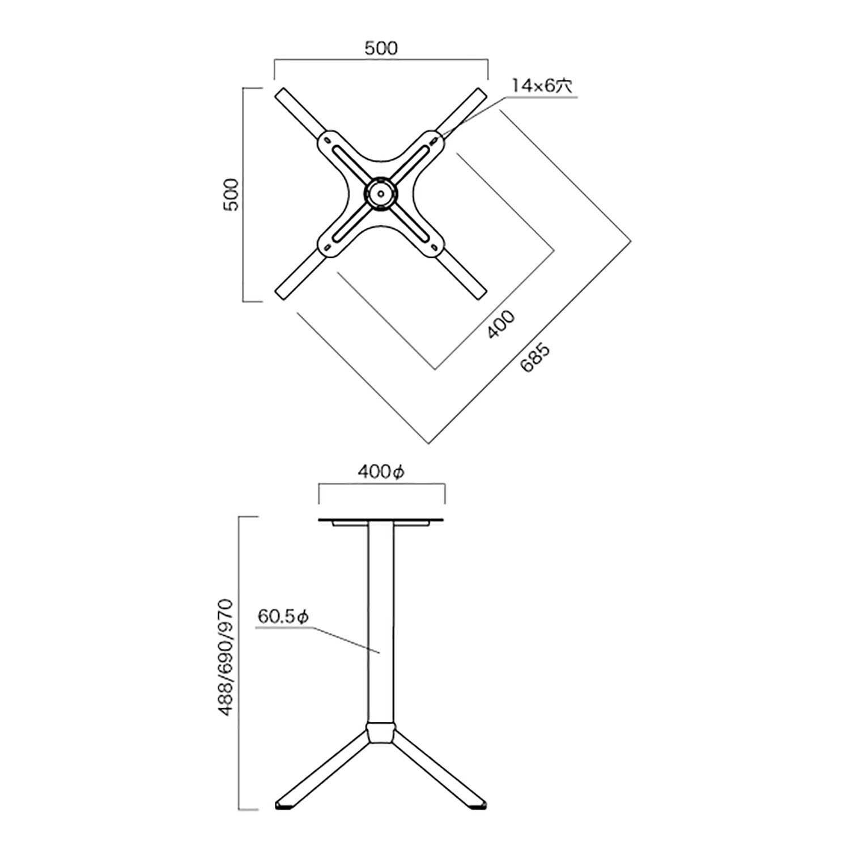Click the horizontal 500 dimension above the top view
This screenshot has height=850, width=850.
(381, 48)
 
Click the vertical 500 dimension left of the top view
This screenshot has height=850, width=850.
(231, 194)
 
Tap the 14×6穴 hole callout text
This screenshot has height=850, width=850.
(542, 86)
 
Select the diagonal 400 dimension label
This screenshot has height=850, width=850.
(501, 324)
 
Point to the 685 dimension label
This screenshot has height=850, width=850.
(535, 358)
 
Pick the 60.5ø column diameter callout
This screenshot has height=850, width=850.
(283, 617)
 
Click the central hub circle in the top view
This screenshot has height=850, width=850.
(380, 194)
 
